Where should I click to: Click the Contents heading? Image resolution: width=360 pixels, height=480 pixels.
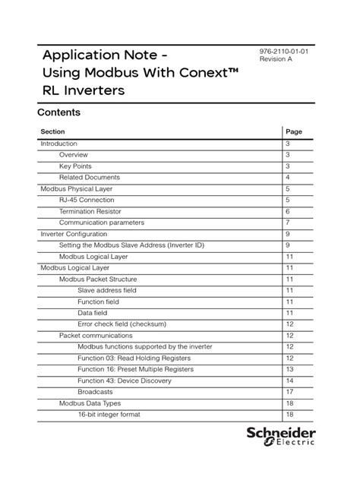point(58,112)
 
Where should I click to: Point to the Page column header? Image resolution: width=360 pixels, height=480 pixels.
point(294,131)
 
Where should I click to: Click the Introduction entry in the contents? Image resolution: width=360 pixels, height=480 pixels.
point(58,144)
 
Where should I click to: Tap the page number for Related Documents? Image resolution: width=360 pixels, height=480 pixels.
point(289,177)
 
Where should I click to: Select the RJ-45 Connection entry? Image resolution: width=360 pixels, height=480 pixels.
point(87,200)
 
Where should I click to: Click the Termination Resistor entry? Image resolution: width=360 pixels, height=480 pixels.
point(90,211)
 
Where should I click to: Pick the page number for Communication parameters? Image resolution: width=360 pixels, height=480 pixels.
point(289,223)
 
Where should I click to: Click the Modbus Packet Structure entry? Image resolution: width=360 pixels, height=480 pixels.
point(98,279)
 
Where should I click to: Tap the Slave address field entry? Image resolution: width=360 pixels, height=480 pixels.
point(107,290)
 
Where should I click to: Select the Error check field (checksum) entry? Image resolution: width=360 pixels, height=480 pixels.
point(122,324)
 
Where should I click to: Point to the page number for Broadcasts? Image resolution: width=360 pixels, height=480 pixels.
point(289,392)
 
